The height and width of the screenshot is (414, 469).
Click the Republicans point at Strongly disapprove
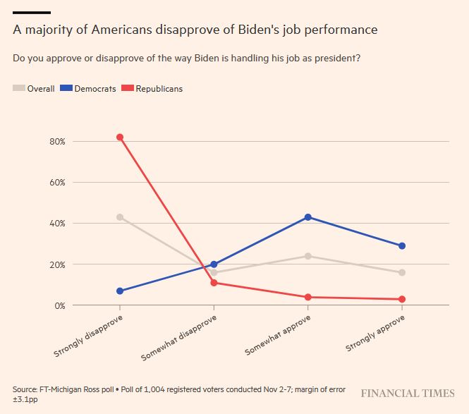120,137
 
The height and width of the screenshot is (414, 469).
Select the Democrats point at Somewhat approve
307,217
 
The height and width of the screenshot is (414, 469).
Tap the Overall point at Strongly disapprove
120,217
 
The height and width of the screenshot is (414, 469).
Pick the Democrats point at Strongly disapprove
120,291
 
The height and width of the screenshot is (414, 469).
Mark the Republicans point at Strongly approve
402,299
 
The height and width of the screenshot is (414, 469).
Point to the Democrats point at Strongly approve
402,245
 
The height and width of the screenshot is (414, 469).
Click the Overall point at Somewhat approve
307,256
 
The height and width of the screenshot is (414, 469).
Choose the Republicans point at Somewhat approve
307,297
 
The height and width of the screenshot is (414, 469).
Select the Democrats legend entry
88,88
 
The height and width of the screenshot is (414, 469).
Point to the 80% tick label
57,141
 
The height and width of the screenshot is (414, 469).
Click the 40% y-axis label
57,223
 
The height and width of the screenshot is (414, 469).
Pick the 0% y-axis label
59,305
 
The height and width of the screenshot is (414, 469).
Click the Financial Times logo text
407,393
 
